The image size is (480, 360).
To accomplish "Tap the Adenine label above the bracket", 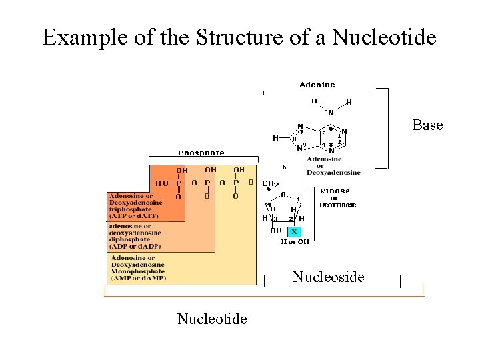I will click(x=317, y=85).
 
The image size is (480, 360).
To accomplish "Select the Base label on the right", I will click(x=427, y=125).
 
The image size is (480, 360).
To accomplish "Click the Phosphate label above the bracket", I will click(x=201, y=153).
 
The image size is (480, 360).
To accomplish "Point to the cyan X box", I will click(x=294, y=231).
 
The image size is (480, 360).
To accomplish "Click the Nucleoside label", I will click(x=329, y=277).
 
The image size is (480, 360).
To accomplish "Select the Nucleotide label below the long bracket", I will click(x=212, y=319).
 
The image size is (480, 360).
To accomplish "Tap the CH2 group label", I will click(x=270, y=183).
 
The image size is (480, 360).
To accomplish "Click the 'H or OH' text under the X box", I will click(x=294, y=242).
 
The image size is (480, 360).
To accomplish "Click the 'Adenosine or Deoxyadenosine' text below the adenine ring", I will click(x=333, y=166).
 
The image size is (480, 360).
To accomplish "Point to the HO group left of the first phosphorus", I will click(x=161, y=183).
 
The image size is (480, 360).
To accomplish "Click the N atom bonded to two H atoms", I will click(x=331, y=113).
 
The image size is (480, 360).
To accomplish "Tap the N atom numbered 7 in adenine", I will click(x=300, y=126).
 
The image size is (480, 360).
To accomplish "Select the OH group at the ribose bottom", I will click(x=275, y=231).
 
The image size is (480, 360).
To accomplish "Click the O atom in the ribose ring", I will click(x=283, y=195).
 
